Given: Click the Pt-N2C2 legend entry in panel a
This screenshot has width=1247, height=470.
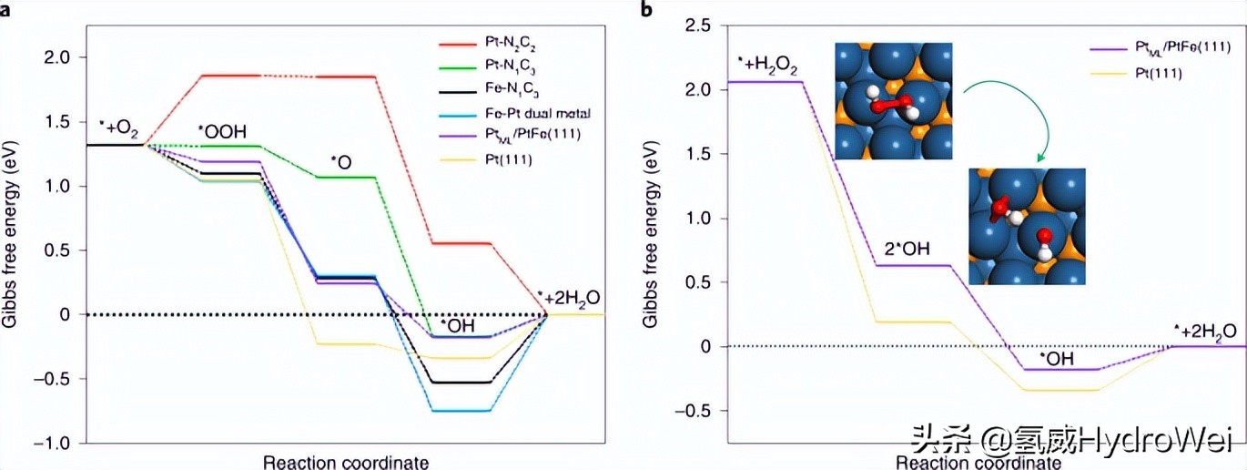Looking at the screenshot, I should click(496, 43).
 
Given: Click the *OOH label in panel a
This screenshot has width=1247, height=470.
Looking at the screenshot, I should click(222, 131).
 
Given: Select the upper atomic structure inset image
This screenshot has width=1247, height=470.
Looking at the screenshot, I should click(893, 100).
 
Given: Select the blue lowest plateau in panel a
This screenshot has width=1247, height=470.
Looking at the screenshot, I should click(461, 411).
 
